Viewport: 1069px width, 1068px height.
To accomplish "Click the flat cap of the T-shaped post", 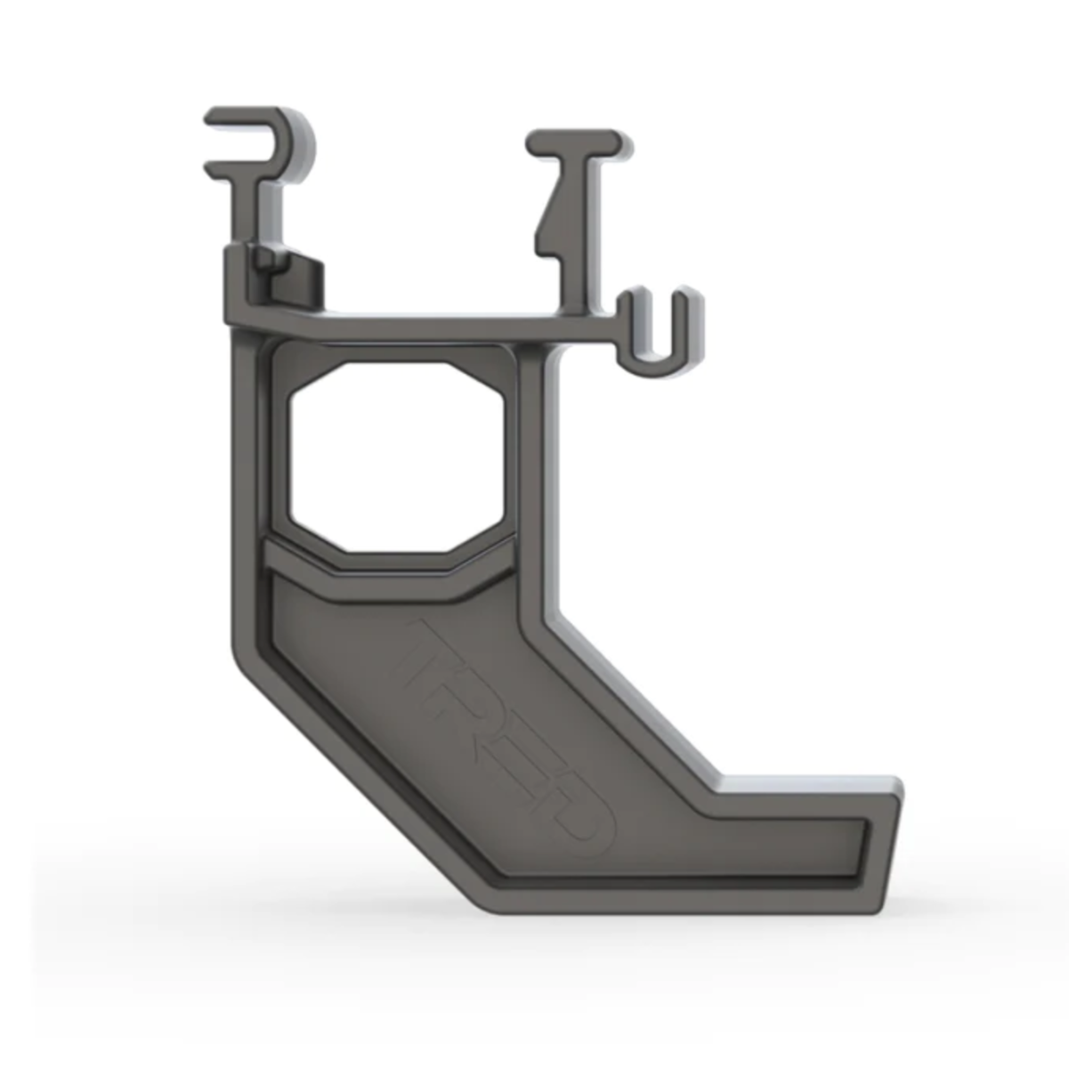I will tap(574, 142).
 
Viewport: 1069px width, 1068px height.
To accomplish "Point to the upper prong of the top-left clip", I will tap(240, 117).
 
